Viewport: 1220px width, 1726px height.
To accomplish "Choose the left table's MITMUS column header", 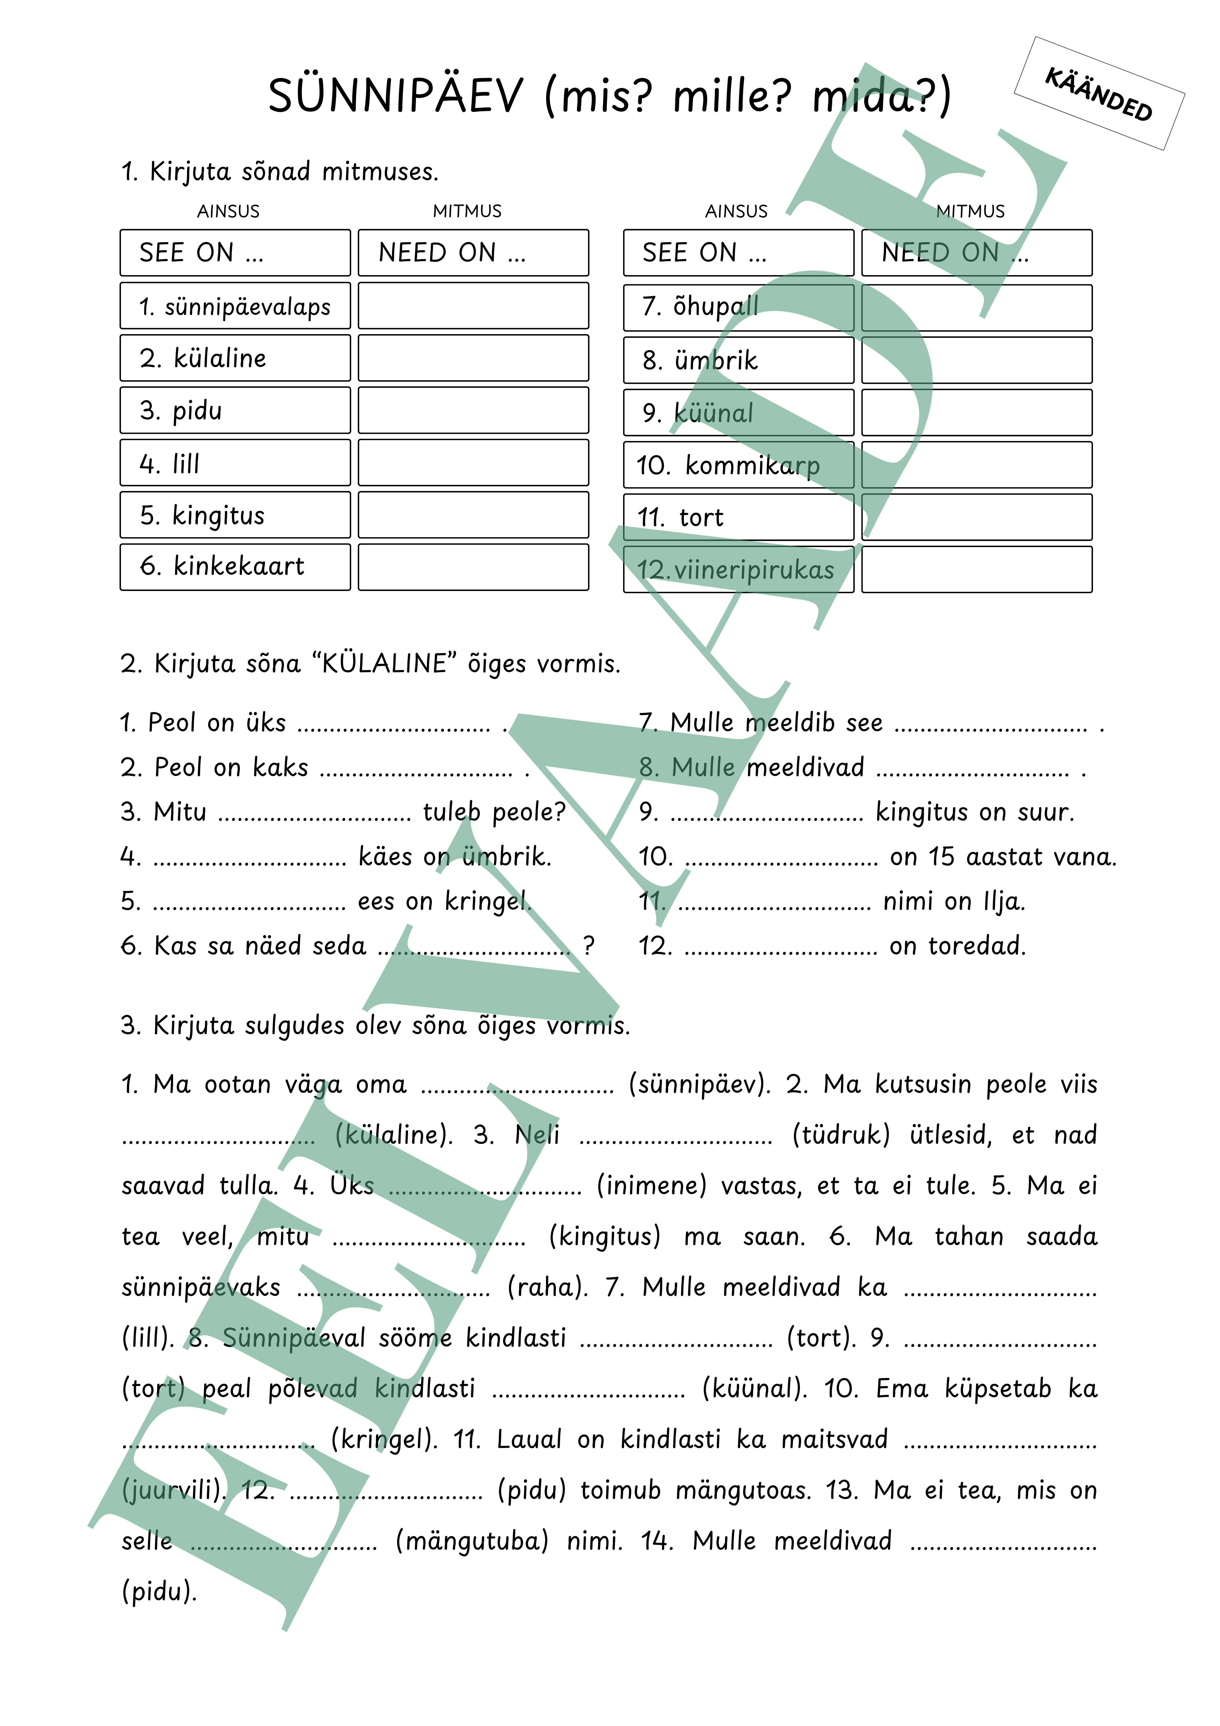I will click(467, 211).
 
